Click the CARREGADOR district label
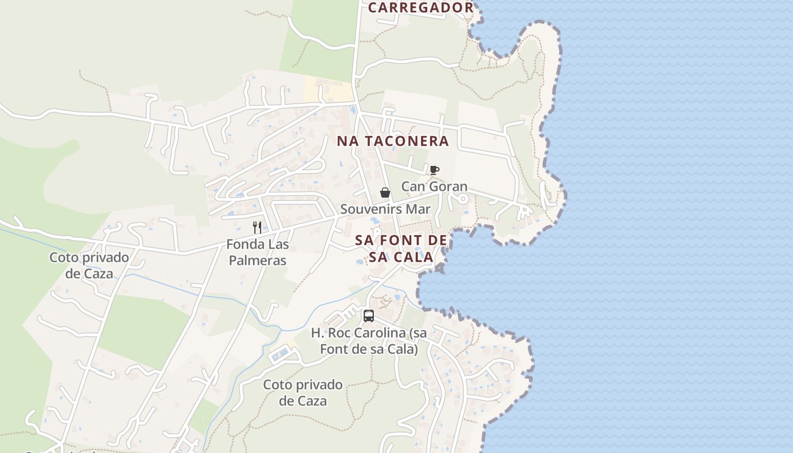420,7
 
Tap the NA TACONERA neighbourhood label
393,141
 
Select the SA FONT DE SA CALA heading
401,249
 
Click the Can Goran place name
434,186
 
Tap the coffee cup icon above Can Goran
434,170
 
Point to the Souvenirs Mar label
385,209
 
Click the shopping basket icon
385,193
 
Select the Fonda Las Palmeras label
257,253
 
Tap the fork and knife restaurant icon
257,228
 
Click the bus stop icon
369,316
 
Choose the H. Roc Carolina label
369,341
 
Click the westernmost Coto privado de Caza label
89,266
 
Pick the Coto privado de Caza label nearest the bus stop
302,393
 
